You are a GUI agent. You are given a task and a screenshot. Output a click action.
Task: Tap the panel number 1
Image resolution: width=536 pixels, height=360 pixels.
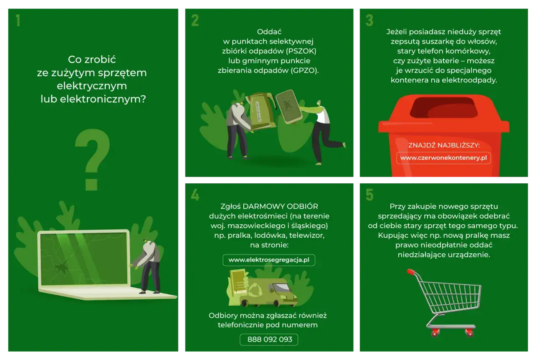click(18, 21)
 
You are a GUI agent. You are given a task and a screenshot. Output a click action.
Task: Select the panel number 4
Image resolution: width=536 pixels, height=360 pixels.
click(195, 195)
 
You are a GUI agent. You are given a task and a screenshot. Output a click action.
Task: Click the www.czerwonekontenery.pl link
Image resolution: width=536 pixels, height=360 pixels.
click(443, 158)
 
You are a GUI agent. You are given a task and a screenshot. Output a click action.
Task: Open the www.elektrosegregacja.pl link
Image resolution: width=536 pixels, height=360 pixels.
click(269, 260)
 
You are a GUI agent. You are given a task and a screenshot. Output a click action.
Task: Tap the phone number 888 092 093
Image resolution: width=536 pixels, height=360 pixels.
click(269, 339)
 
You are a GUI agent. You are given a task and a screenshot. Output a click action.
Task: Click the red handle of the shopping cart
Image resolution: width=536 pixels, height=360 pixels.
click(411, 272)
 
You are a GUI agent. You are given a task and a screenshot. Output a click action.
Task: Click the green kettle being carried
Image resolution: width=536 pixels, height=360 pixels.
click(261, 110)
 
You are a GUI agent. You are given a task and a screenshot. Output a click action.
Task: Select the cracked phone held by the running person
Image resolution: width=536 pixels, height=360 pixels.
click(289, 107)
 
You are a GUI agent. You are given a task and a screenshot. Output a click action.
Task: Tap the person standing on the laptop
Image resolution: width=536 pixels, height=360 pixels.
click(148, 266)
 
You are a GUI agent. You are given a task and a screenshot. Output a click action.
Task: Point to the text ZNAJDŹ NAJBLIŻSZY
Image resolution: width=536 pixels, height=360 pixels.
click(443, 145)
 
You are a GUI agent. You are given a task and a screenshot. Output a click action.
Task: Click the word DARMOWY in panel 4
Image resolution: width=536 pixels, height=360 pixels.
click(263, 206)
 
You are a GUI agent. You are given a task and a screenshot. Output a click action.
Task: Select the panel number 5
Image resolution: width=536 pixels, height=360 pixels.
click(369, 195)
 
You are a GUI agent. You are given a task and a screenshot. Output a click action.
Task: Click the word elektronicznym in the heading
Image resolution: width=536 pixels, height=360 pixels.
click(103, 99)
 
